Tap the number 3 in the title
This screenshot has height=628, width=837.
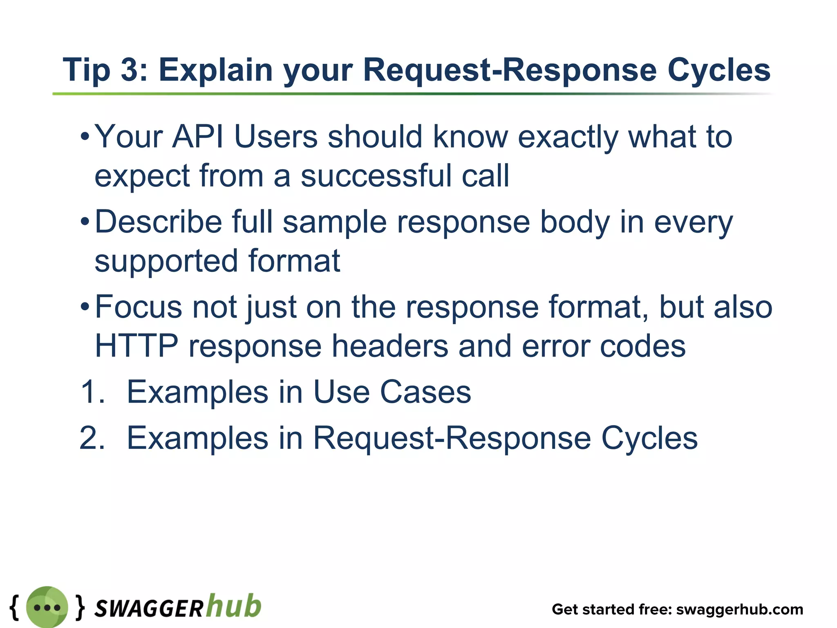(130, 70)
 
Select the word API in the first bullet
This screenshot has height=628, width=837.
(198, 137)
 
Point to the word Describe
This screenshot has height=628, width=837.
(159, 222)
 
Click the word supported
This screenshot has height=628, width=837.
(166, 261)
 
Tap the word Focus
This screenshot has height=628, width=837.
(138, 307)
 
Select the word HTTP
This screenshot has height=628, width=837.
(137, 346)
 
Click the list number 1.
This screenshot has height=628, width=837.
(92, 392)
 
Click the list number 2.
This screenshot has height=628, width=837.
(92, 438)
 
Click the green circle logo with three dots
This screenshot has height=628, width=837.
(47, 607)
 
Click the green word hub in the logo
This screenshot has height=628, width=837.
(233, 606)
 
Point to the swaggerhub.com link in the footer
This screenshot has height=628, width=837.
(740, 609)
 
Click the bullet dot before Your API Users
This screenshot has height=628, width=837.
(85, 137)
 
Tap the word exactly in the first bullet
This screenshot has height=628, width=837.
(568, 137)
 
